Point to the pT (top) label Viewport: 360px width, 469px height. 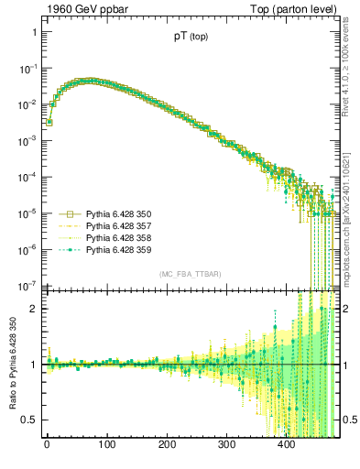click(x=191, y=38)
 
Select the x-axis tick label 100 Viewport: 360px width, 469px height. click(x=106, y=446)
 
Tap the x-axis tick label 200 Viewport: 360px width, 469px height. click(x=167, y=446)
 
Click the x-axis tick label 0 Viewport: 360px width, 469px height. click(x=47, y=446)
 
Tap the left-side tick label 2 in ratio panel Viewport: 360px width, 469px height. click(x=33, y=309)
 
